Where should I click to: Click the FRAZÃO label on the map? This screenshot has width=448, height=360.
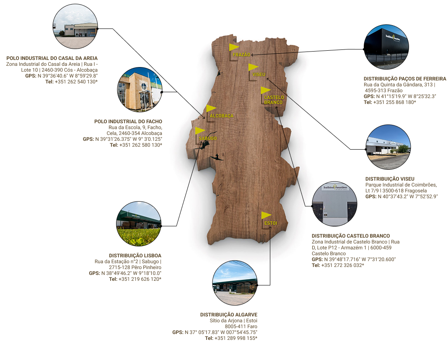241,54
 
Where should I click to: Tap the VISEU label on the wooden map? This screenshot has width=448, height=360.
259,74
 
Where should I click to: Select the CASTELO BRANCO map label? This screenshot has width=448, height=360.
274,100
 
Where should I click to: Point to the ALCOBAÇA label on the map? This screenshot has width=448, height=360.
222,116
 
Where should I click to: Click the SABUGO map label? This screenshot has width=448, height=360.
208,138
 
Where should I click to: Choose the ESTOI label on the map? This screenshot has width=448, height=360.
271,223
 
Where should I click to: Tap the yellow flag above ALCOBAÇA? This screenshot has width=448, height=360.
211,109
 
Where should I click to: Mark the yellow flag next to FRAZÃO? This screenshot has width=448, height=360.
234,47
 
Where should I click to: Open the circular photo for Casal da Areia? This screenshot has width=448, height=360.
75,26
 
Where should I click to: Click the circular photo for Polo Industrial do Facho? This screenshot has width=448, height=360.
140,89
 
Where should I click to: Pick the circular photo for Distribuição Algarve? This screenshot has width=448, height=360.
235,283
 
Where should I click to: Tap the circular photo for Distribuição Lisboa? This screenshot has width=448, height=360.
139,224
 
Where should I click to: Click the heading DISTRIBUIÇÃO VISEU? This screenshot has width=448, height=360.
390,179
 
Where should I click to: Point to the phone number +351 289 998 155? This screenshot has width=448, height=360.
236,338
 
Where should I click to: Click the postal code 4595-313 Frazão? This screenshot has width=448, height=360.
383,90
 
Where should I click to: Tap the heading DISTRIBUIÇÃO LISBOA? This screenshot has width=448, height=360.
135,255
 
